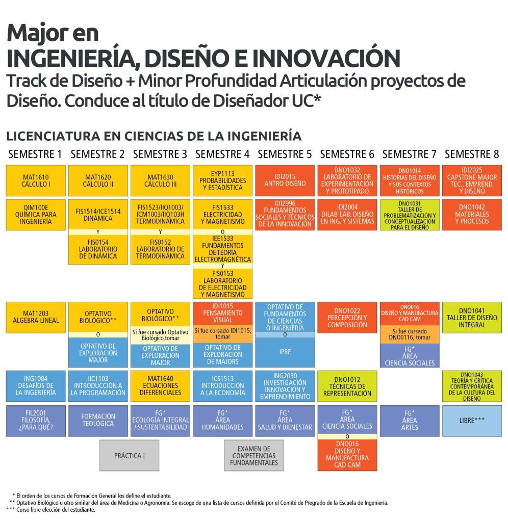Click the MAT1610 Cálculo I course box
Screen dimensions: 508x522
click(36, 181)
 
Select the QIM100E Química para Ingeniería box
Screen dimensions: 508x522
click(36, 215)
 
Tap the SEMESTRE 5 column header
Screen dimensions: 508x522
click(285, 154)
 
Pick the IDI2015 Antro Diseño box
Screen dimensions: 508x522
click(285, 181)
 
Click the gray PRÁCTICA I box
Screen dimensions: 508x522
click(129, 455)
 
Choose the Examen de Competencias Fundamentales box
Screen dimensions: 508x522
click(254, 455)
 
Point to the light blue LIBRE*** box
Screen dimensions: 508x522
click(472, 421)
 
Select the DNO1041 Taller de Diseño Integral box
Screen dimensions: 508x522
click(472, 318)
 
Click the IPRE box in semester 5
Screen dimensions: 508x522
click(285, 352)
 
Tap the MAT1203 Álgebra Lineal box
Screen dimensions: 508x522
click(36, 318)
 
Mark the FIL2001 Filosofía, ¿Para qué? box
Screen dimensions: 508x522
click(36, 421)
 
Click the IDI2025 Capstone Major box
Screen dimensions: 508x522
click(472, 181)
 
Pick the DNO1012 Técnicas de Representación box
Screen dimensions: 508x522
click(347, 386)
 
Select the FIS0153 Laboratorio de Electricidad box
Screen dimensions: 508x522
click(222, 283)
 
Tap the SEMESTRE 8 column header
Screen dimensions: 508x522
click(472, 154)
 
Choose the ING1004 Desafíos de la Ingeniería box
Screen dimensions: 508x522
click(36, 386)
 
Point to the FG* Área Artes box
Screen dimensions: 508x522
click(410, 421)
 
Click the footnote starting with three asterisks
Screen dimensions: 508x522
click(51, 510)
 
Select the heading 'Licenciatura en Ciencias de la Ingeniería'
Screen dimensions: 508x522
click(154, 136)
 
